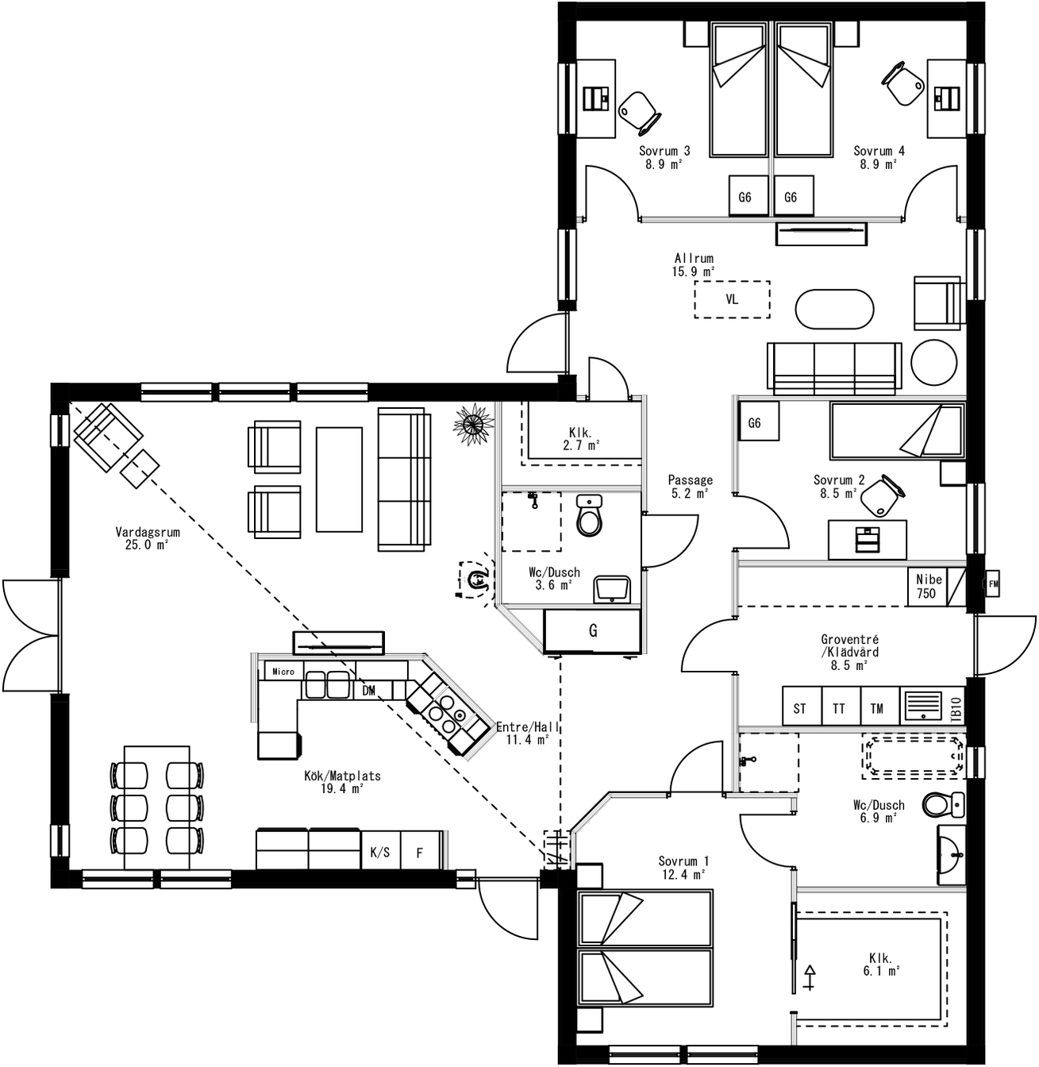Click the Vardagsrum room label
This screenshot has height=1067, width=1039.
tap(147, 538)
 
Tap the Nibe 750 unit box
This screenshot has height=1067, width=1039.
tap(926, 587)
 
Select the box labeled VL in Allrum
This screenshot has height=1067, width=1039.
tap(732, 299)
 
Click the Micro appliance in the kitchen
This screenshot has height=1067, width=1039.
tap(283, 671)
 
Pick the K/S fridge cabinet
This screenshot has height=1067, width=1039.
tap(380, 853)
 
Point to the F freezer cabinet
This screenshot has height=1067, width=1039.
tap(420, 853)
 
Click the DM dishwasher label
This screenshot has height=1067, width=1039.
tap(369, 691)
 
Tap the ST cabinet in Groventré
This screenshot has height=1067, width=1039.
tap(800, 708)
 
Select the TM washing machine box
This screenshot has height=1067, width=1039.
tap(877, 708)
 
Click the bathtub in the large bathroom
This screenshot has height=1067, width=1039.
tap(914, 756)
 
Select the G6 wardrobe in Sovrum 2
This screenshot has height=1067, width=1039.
tap(755, 423)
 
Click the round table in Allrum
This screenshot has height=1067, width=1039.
tap(933, 363)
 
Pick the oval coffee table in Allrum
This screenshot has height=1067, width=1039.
tap(834, 310)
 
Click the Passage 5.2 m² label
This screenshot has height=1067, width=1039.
tap(690, 486)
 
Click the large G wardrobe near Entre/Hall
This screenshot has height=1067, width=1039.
tap(592, 631)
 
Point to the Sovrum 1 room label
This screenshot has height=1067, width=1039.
tap(683, 868)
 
